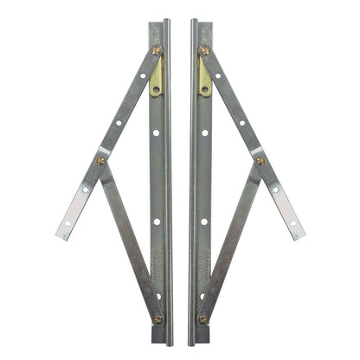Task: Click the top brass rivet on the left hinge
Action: click(156, 50)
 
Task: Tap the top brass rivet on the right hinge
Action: click(204, 50)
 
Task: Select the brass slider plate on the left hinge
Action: click(156, 79)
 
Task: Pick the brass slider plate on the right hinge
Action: click(204, 79)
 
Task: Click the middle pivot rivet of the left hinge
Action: click(100, 160)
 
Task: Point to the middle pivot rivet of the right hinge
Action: click(260, 160)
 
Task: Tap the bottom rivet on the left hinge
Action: click(157, 318)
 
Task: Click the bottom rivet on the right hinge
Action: click(202, 318)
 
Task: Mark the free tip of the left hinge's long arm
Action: click(62, 232)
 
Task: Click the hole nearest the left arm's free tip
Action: click(67, 222)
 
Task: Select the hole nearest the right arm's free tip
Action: click(292, 222)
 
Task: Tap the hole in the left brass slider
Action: click(155, 88)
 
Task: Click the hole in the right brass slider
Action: click(205, 88)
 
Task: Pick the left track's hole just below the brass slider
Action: click(156, 132)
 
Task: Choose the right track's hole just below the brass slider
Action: click(204, 132)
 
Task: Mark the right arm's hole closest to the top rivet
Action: click(218, 75)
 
